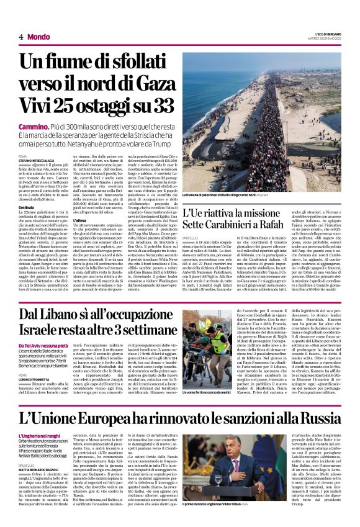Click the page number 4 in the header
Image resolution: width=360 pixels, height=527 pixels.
pyautogui.click(x=20, y=37)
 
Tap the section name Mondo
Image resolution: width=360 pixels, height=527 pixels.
pyautogui.click(x=38, y=37)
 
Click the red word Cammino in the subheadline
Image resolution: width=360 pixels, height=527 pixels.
pyautogui.click(x=34, y=125)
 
